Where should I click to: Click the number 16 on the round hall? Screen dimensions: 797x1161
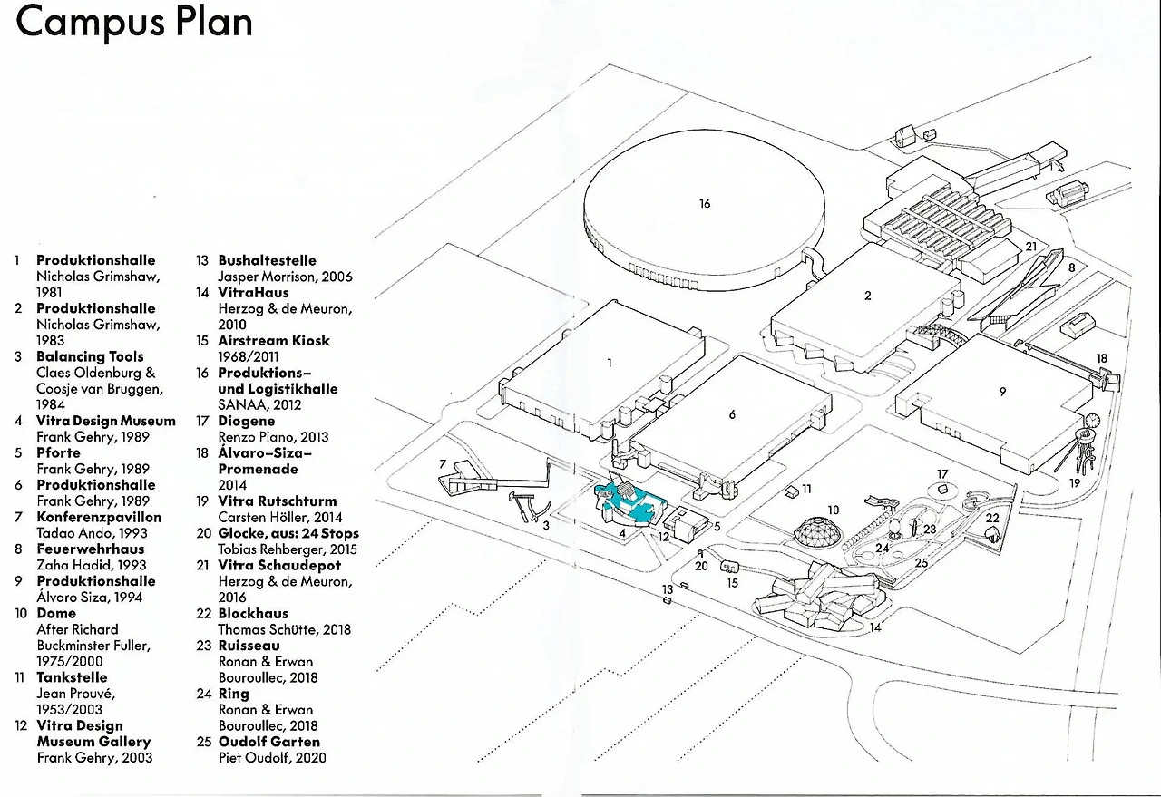pos(705,204)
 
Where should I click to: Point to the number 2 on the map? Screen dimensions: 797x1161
pos(868,296)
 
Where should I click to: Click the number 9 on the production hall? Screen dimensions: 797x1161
pos(1002,392)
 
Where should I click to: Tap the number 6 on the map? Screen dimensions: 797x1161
pos(732,414)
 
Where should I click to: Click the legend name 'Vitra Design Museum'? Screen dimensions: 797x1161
pos(106,421)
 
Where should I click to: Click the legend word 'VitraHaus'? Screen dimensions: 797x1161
pos(253,293)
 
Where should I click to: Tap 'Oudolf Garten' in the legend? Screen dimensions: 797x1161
pos(268,742)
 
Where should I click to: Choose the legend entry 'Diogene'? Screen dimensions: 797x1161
pos(246,421)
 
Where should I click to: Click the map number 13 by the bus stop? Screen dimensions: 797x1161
pos(668,590)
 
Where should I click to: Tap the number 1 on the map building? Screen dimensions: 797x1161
pos(610,363)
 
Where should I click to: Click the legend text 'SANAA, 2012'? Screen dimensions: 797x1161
pos(259,404)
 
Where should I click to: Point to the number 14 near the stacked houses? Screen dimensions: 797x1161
pos(875,627)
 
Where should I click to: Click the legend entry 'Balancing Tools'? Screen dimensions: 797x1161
pos(90,357)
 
